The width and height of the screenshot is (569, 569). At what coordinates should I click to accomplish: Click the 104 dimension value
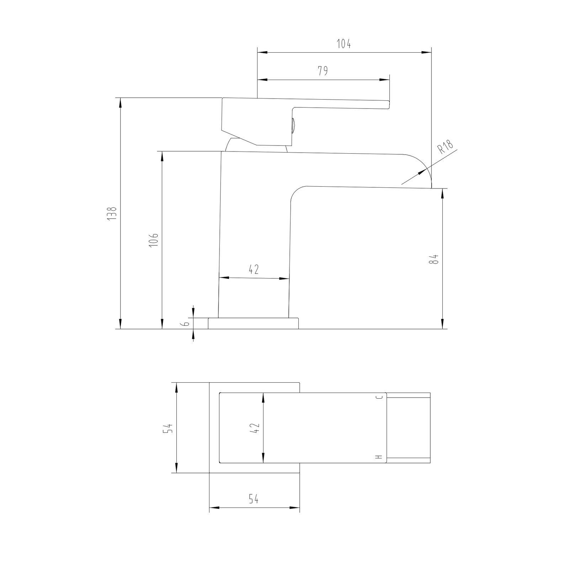[344, 44]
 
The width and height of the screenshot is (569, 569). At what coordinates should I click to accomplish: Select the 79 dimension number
[323, 71]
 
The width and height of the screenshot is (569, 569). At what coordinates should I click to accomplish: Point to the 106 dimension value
[153, 241]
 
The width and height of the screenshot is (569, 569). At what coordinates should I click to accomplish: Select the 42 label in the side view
[253, 270]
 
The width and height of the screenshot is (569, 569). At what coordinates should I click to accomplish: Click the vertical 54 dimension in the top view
[167, 428]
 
